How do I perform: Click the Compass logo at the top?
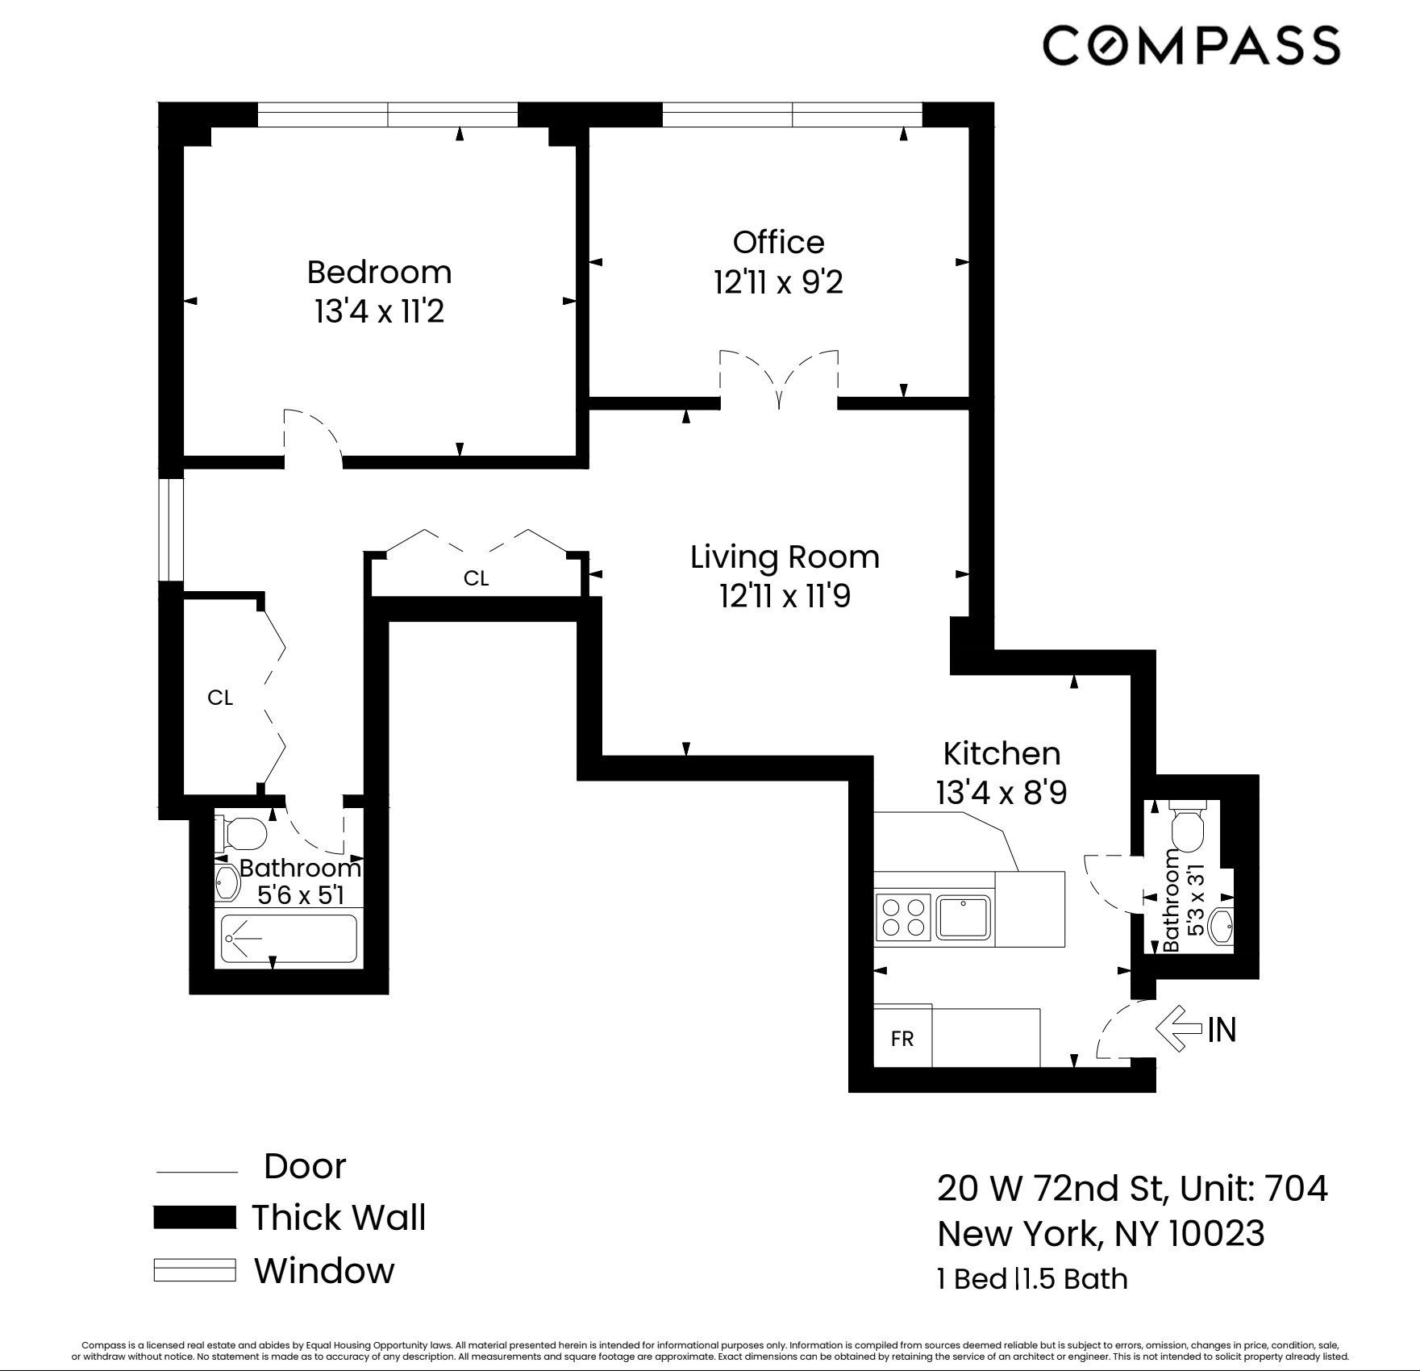[x=1191, y=45]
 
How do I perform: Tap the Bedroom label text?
[x=379, y=273]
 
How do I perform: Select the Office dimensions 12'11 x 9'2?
[x=778, y=282]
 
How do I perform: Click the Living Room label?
[x=784, y=557]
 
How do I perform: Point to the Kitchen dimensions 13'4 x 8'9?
[x=1001, y=793]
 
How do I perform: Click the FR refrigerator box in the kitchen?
[x=902, y=1039]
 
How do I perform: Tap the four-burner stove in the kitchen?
[x=903, y=917]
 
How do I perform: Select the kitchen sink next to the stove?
[x=964, y=917]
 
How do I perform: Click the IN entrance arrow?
[x=1180, y=1028]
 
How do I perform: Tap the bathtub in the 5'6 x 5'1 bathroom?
[x=289, y=939]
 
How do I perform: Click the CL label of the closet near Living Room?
[x=476, y=578]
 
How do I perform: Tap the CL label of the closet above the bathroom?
[x=220, y=698]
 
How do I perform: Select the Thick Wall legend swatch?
[x=194, y=1218]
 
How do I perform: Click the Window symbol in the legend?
[x=194, y=1270]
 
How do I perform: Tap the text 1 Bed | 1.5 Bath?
[x=1032, y=1279]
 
